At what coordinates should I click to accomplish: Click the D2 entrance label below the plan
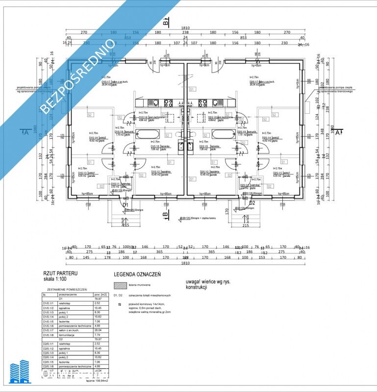tap(252, 203)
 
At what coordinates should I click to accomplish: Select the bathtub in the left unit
tap(148, 135)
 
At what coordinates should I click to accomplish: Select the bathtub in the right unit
tap(223, 135)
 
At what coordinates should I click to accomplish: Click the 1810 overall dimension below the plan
tap(184, 264)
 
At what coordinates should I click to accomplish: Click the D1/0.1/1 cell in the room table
tap(50, 303)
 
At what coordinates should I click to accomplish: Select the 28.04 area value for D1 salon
tap(98, 331)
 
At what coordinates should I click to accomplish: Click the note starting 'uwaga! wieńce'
tap(208, 285)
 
